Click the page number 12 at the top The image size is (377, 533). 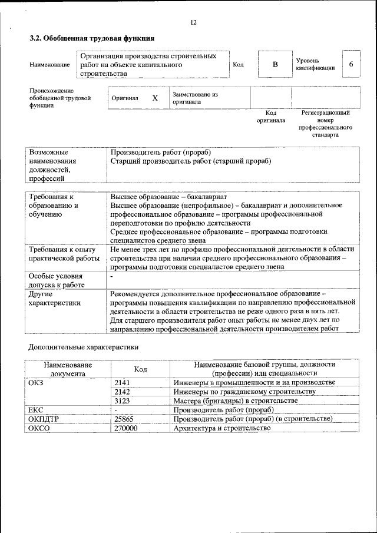[x=193, y=23]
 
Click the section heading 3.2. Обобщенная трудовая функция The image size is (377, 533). [x=92, y=38]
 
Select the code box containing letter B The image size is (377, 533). [x=275, y=64]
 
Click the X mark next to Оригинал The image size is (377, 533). [x=155, y=98]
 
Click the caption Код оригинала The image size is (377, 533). [x=271, y=116]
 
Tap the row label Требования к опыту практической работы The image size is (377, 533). [x=64, y=254]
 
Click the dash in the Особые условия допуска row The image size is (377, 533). [x=112, y=276]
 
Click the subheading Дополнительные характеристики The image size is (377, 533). [x=84, y=347]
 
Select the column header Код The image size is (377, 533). [x=140, y=369]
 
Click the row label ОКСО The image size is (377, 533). [x=39, y=428]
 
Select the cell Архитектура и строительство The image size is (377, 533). [x=221, y=428]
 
